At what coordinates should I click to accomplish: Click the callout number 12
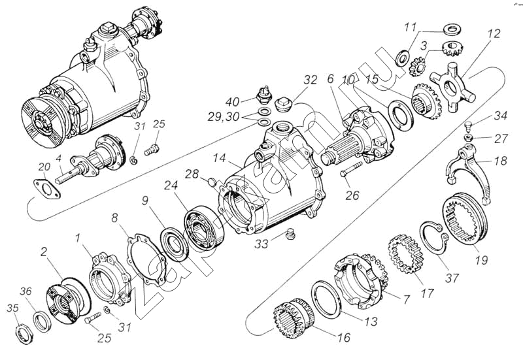tap(493, 33)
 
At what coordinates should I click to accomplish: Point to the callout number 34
tap(501, 117)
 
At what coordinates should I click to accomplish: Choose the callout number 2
tap(44, 252)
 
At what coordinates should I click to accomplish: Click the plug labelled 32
tap(284, 105)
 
